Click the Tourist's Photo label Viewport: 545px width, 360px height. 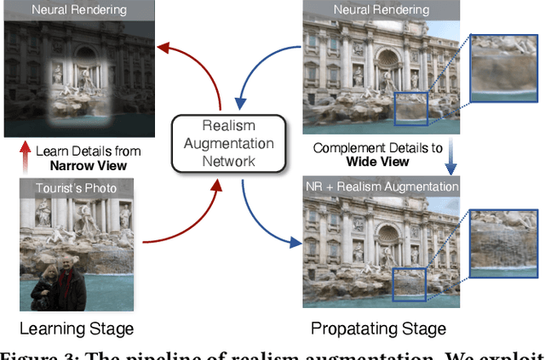(76, 187)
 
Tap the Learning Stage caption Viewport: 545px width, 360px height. (77, 329)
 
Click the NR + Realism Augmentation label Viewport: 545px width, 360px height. (381, 186)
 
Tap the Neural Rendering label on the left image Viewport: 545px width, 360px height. (77, 11)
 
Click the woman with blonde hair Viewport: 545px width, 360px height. (44, 286)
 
